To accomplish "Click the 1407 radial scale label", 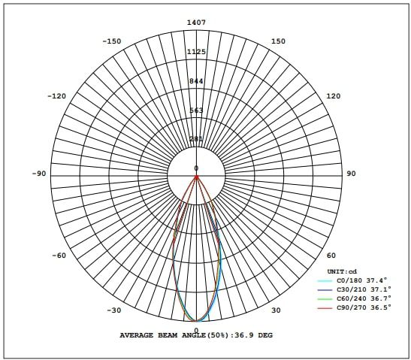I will click(196, 23).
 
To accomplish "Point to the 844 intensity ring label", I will click(196, 81).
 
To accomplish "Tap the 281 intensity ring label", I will click(196, 139).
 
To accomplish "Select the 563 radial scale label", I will click(196, 110).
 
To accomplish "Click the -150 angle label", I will click(113, 41).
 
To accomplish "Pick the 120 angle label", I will click(333, 96).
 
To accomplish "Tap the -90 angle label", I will click(40, 174).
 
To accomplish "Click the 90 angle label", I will click(351, 174).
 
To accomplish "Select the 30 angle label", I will click(275, 310).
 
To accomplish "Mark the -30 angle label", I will click(113, 310).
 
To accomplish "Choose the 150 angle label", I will click(278, 41).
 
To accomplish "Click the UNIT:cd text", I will click(341, 271).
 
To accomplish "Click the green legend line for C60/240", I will click(324, 298).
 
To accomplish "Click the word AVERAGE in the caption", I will click(137, 335).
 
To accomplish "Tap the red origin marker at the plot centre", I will click(196, 177).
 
